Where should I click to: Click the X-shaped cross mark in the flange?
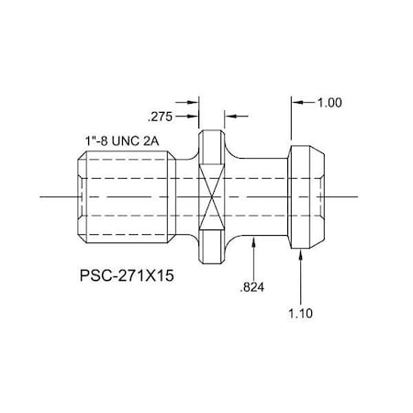pyautogui.click(x=212, y=196)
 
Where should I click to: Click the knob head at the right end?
pyautogui.click(x=307, y=196)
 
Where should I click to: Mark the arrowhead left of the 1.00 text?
pyautogui.click(x=296, y=104)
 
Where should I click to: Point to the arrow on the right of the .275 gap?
pyautogui.click(x=230, y=117)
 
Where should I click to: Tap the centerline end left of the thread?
pyautogui.click(x=44, y=196)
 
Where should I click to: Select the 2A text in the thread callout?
pyautogui.click(x=155, y=140)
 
